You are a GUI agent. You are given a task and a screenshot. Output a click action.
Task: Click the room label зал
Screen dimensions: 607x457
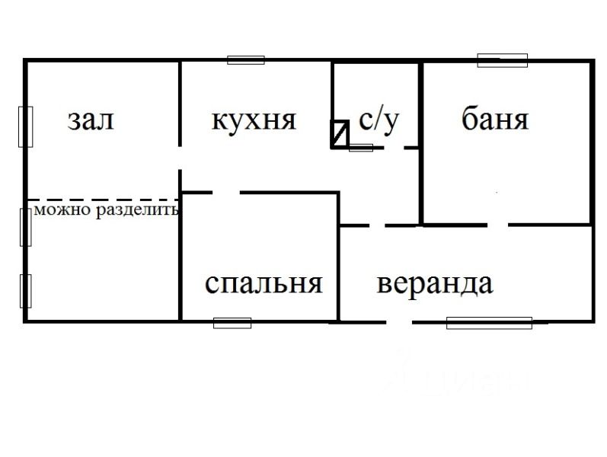[91, 120]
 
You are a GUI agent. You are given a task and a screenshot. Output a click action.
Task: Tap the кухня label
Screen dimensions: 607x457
[254, 120]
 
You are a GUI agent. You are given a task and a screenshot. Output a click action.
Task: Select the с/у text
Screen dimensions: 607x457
[379, 120]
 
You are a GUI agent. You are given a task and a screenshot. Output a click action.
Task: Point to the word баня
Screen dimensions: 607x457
[495, 120]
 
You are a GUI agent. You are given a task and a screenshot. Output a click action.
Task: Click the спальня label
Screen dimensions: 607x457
[264, 284]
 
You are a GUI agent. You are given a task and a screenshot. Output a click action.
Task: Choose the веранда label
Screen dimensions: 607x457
[435, 284]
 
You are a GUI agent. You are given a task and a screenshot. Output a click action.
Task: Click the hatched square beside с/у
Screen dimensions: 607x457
[340, 134]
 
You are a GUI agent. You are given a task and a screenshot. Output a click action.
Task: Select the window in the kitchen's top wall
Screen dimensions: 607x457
[246, 60]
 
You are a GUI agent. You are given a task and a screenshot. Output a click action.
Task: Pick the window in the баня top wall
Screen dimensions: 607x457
[502, 60]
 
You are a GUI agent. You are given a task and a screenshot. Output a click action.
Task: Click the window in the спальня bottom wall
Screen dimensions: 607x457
[232, 322]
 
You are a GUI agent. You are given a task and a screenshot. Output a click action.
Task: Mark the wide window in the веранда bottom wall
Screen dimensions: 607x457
[488, 322]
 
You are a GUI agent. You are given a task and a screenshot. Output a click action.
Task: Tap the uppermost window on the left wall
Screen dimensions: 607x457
[26, 126]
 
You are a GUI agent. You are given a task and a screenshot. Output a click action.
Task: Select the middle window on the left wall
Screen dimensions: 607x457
[26, 226]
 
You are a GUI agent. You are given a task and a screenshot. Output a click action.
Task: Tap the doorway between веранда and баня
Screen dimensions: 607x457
[497, 225]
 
